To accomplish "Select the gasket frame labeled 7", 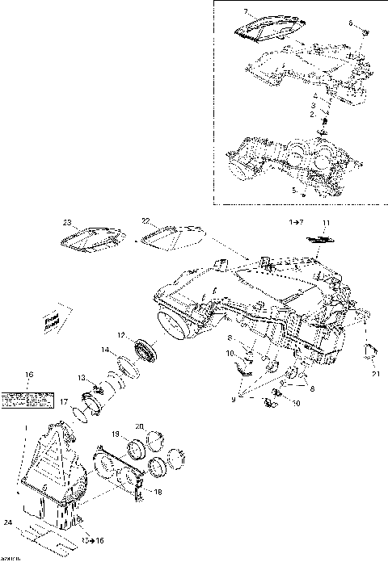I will [266, 28].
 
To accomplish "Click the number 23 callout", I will [68, 222].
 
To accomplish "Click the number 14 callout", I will [105, 350].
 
